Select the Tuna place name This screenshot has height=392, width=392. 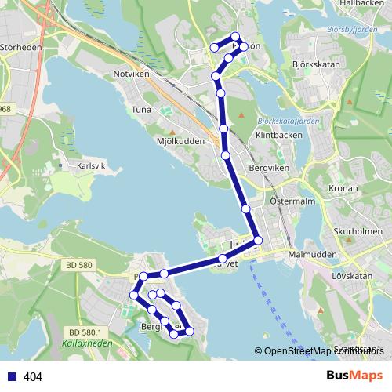(x=141, y=110)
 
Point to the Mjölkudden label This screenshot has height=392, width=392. (x=180, y=141)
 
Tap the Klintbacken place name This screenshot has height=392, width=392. (x=279, y=135)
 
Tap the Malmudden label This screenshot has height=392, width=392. (x=312, y=256)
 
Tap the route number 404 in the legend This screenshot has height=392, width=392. (x=33, y=377)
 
